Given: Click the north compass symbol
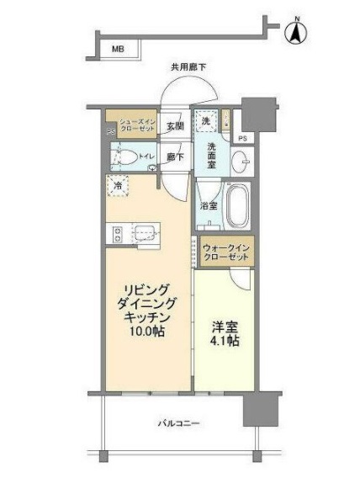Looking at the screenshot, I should [296, 31].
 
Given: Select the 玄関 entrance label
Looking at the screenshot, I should [174, 127].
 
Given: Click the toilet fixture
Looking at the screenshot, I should [128, 157].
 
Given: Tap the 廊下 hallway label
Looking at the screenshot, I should [175, 157].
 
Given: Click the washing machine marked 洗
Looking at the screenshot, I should [206, 122].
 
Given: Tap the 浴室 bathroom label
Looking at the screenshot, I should [209, 204].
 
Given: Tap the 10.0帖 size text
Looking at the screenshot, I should [146, 333].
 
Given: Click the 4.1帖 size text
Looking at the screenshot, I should [224, 343].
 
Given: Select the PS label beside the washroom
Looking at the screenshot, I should [242, 137].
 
